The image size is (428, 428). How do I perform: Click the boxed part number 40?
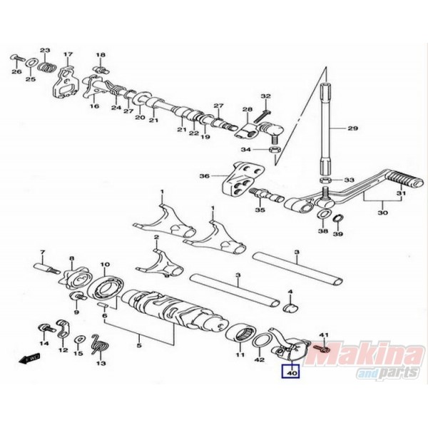click(292, 370)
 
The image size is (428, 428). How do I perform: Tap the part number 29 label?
click(351, 128)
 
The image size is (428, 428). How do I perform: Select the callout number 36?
click(203, 176)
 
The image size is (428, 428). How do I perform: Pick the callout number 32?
click(265, 96)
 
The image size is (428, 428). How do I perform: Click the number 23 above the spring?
click(45, 50)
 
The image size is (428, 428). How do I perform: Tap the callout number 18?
click(101, 55)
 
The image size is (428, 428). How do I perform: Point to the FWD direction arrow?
click(31, 360)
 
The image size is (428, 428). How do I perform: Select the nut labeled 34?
click(273, 149)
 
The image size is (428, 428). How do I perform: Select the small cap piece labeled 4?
click(290, 307)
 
